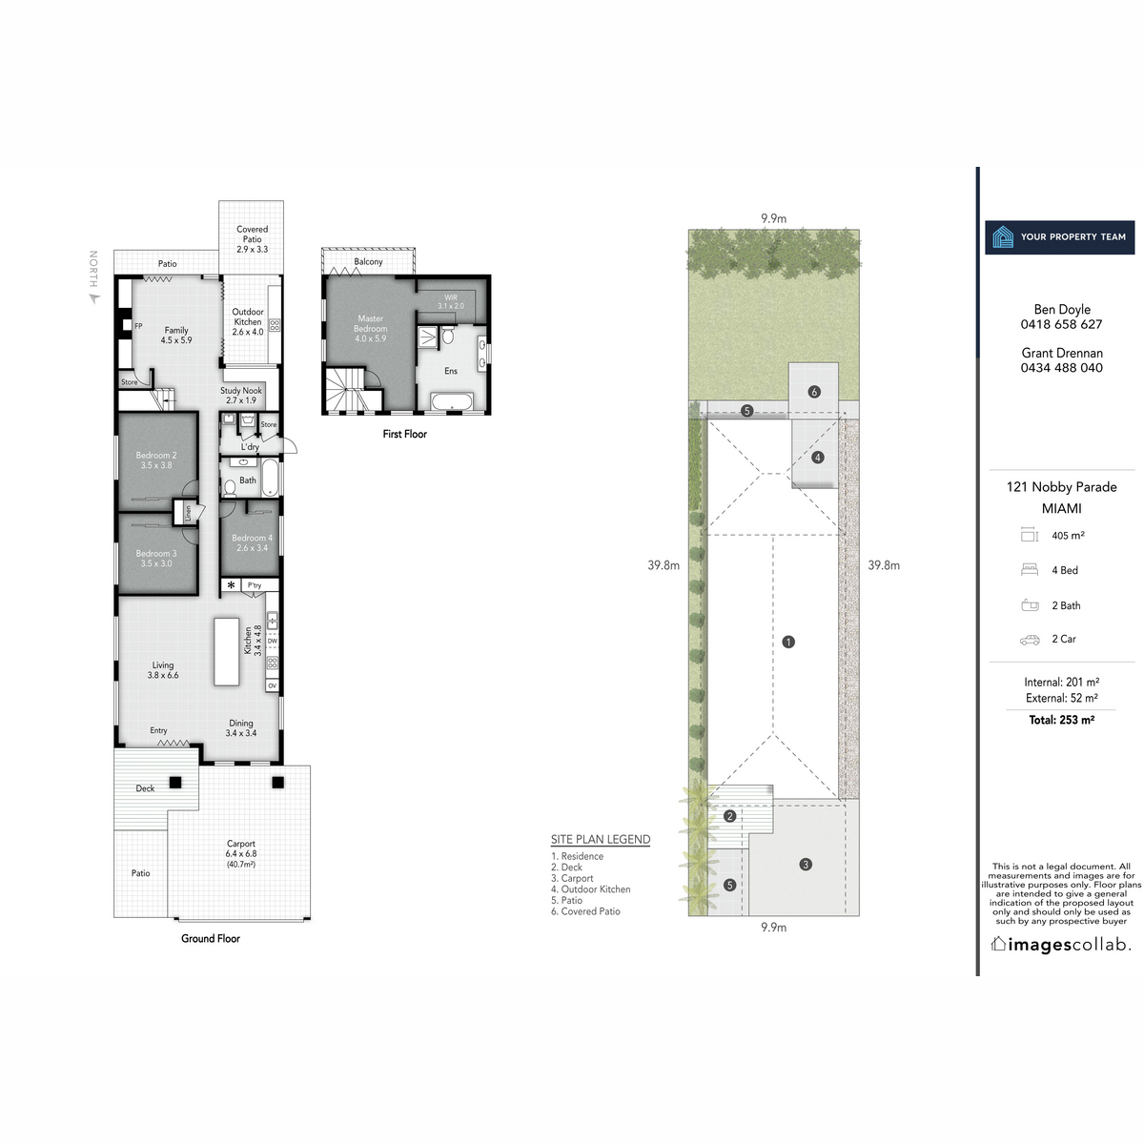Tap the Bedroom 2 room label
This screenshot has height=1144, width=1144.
[155, 460]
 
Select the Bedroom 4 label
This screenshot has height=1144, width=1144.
[252, 542]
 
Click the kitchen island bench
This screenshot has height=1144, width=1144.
[226, 651]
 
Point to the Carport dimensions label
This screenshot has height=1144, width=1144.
[240, 853]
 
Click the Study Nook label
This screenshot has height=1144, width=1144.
[240, 396]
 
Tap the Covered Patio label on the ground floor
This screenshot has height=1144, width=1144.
[252, 239]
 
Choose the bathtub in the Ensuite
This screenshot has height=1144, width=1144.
[450, 400]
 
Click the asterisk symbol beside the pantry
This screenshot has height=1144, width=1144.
[231, 585]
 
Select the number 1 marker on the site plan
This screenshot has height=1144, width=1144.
[788, 642]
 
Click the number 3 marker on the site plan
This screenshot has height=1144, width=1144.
[806, 865]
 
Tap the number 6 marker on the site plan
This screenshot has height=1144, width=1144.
[814, 392]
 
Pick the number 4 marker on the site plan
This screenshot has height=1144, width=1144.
[817, 458]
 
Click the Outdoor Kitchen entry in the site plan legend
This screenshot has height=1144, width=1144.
[590, 889]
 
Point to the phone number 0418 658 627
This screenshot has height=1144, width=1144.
[1061, 324]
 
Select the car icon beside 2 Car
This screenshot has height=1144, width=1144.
[1030, 640]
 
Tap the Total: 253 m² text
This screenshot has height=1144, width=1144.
[1061, 720]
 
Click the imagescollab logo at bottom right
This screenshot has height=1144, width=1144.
[1061, 945]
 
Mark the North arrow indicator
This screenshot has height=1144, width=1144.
[93, 297]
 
